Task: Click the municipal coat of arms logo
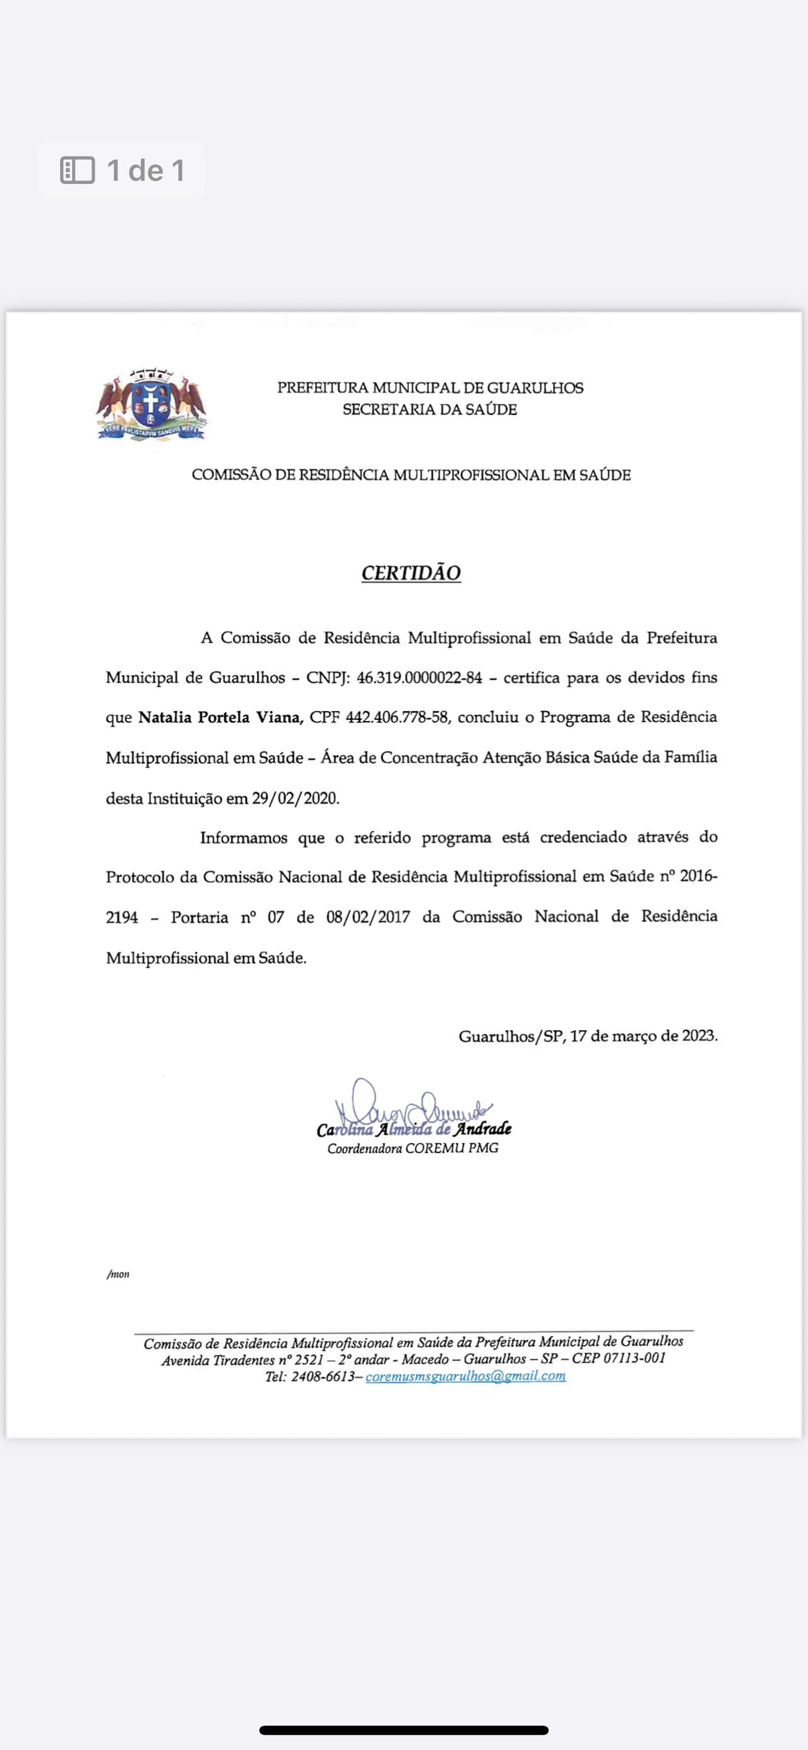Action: coord(151,405)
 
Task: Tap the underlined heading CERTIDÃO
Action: coord(411,573)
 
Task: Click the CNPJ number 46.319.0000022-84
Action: coord(419,678)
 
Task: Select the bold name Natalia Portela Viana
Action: coord(221,717)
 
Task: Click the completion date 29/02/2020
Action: coord(295,798)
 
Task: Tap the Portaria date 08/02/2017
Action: coord(368,917)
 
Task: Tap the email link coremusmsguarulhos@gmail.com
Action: coord(465,1376)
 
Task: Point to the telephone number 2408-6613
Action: coord(323,1377)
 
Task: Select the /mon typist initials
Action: coord(118,1274)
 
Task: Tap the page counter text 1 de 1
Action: coord(145,170)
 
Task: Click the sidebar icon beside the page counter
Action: coord(78,170)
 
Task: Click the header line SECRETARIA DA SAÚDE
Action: coord(429,409)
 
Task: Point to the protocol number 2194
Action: coord(122,918)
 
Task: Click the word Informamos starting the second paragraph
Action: coord(243,838)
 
